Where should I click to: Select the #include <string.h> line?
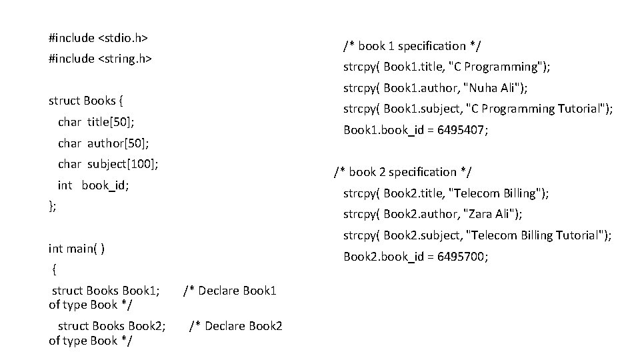(101, 59)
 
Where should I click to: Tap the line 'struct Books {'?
(86, 101)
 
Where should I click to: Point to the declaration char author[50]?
(103, 143)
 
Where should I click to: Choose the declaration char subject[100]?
(108, 163)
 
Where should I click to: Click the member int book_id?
(93, 185)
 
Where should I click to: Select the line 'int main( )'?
(77, 249)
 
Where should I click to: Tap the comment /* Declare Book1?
(229, 291)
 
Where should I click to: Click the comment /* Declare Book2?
(236, 326)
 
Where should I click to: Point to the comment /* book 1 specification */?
(413, 46)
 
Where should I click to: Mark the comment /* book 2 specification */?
(403, 172)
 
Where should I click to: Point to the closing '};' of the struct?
(53, 206)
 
